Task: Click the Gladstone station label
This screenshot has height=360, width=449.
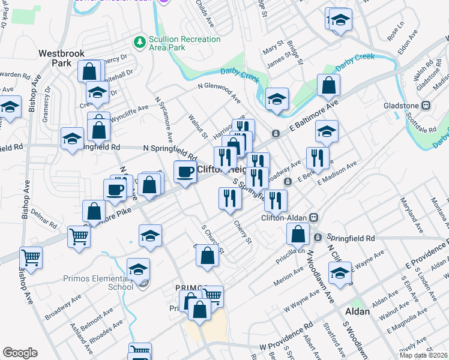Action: (402, 106)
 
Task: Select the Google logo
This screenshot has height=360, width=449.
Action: (20, 353)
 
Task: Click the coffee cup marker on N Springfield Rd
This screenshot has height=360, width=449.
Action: (185, 172)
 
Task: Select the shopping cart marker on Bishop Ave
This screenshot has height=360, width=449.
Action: (31, 257)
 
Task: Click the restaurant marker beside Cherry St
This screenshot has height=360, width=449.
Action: (230, 199)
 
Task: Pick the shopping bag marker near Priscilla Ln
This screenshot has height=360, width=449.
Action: (298, 235)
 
